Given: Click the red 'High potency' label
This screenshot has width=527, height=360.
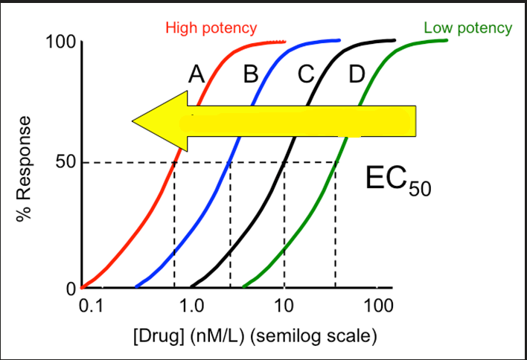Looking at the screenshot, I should point(211,28).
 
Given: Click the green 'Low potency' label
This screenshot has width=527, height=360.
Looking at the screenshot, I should point(467,28).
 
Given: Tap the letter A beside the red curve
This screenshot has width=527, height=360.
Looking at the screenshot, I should point(196,74).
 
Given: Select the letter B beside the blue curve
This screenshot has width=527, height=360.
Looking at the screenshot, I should point(251,74).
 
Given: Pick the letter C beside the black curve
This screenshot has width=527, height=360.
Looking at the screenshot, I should point(306,74).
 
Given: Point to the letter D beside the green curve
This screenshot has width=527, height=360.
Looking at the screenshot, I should point(357,74).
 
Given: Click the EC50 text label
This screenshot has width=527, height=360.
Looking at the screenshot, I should point(398,180).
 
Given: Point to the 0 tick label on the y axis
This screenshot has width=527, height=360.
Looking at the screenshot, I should point(71,289).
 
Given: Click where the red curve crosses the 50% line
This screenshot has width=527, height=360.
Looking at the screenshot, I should point(174,162).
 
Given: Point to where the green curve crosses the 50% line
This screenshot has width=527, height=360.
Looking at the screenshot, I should point(336,162).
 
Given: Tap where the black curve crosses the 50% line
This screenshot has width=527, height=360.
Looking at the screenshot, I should point(284,162).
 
